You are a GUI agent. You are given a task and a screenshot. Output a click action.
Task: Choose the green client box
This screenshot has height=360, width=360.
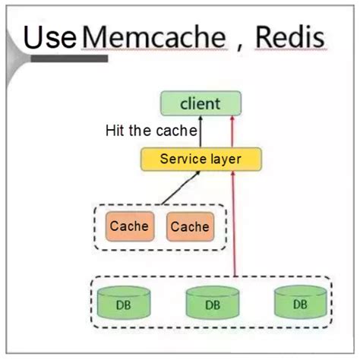point(201,103)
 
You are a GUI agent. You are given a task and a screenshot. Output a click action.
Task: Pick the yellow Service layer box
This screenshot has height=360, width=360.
point(201,159)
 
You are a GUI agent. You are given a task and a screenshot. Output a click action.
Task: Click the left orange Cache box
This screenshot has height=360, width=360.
point(129,226)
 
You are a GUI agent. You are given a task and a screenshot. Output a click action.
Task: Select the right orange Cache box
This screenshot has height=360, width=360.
point(189,226)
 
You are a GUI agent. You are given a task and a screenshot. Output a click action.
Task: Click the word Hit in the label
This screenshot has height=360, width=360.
point(115,131)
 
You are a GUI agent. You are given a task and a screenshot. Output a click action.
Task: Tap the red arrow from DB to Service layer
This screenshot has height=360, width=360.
point(235,228)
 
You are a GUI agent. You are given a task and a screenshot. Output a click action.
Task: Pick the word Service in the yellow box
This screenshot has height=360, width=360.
point(183,159)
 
